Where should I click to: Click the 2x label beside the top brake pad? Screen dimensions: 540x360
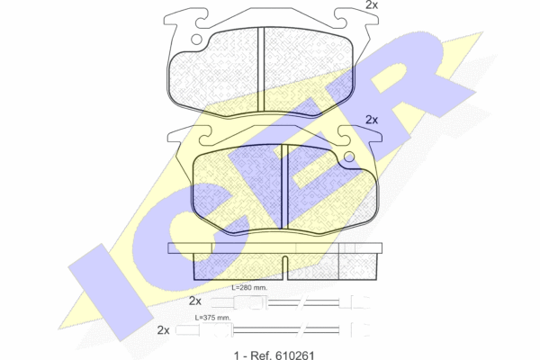click(x=372, y=4)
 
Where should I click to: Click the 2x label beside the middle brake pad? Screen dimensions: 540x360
click(x=372, y=120)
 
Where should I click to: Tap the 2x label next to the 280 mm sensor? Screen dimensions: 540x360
click(x=195, y=301)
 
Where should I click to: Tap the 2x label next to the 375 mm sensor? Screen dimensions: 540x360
click(x=163, y=330)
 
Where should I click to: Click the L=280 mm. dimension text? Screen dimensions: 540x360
click(x=249, y=288)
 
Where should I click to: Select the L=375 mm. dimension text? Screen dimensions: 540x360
click(x=212, y=318)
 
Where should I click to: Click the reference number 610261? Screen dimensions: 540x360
click(x=294, y=355)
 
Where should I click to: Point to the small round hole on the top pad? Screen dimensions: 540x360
click(x=196, y=40)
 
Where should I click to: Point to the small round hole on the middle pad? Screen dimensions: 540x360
click(x=349, y=157)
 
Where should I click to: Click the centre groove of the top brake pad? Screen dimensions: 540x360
click(x=261, y=69)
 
